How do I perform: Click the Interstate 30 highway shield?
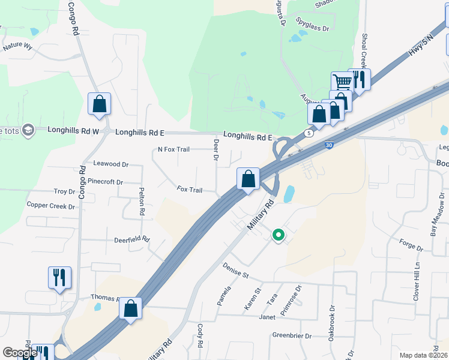coord(328,145)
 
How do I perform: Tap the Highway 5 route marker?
coord(309,133)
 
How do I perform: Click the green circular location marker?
coord(278,235)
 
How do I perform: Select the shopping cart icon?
coord(342,82)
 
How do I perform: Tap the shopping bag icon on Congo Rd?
coord(99,103)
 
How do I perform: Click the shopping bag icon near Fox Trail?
coord(247,178)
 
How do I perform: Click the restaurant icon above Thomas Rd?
coord(59,277)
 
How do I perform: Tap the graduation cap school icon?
coord(27,130)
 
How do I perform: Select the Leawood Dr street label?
coord(111,164)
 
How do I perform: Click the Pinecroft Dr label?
coord(105,181)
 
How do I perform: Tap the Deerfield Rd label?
coord(131,239)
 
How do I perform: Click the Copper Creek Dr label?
coord(50,206)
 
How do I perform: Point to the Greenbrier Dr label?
coord(292,335)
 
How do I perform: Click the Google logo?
coord(19,353)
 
